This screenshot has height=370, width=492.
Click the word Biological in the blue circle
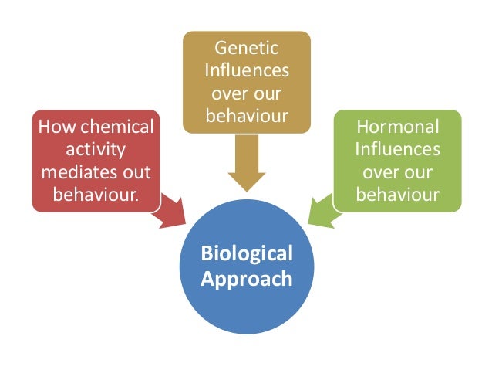247,253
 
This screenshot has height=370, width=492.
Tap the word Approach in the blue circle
247,278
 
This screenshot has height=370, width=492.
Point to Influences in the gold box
247,72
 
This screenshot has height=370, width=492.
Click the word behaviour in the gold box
247,115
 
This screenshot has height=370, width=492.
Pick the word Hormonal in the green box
397,127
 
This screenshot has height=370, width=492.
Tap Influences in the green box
397,148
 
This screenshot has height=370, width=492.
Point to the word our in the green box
420,170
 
